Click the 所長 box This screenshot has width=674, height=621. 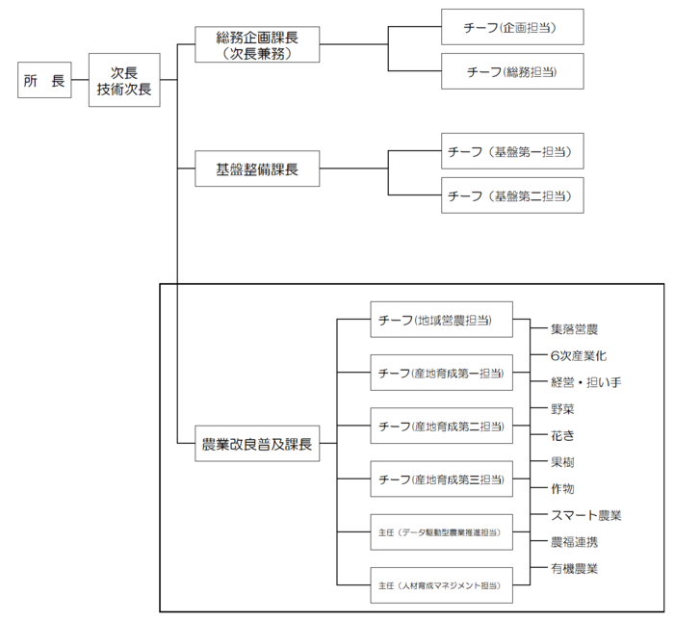tap(43, 81)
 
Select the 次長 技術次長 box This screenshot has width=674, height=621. tap(123, 80)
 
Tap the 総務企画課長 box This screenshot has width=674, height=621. tap(255, 44)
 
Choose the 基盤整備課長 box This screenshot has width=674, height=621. tap(256, 170)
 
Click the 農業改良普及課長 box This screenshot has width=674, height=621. tap(255, 444)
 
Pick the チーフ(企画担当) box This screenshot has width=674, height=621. tap(512, 29)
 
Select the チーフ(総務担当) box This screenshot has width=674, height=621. tap(512, 71)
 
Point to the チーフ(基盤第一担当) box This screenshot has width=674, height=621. tap(512, 152)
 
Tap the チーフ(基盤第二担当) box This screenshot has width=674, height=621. tap(512, 195)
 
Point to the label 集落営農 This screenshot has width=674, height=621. tap(575, 329)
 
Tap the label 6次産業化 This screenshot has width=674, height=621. tap(579, 356)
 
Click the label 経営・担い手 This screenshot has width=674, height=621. tap(585, 382)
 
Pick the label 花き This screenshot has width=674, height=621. tap(562, 435)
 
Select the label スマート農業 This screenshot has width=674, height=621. tap(585, 515)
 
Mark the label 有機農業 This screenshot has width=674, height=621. tap(575, 568)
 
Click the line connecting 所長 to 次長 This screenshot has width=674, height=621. tap(79, 81)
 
